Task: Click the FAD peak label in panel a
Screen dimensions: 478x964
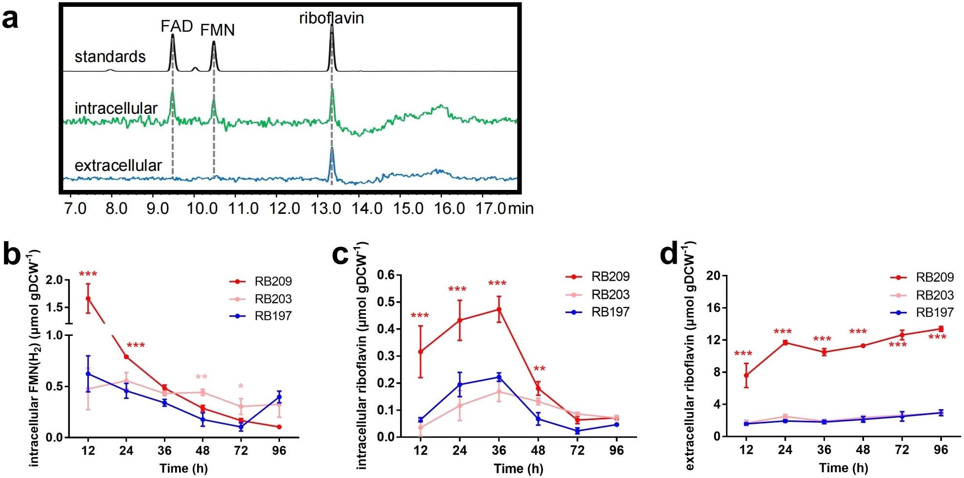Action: click(x=177, y=26)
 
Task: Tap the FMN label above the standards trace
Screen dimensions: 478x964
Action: click(x=218, y=31)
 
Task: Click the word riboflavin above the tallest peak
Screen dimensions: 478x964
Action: click(x=331, y=19)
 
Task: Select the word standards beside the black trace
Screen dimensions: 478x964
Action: click(x=110, y=57)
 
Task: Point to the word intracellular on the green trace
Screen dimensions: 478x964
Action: click(x=116, y=108)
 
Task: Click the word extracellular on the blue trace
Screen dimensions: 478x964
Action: click(x=118, y=166)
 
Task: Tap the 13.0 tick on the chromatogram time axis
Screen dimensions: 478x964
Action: click(x=326, y=208)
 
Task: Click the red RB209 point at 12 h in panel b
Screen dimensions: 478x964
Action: click(x=88, y=298)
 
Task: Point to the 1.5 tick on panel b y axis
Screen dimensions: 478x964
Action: click(x=57, y=307)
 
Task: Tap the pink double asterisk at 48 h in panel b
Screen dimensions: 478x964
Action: click(x=201, y=377)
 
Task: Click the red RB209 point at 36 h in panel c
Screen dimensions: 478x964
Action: click(x=499, y=309)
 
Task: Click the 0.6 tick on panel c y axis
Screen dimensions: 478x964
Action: click(x=386, y=275)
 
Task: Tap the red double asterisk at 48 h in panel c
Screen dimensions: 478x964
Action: click(x=539, y=369)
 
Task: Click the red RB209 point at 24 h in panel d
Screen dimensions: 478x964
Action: click(x=785, y=342)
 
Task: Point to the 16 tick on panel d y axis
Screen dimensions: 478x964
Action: click(x=714, y=308)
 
